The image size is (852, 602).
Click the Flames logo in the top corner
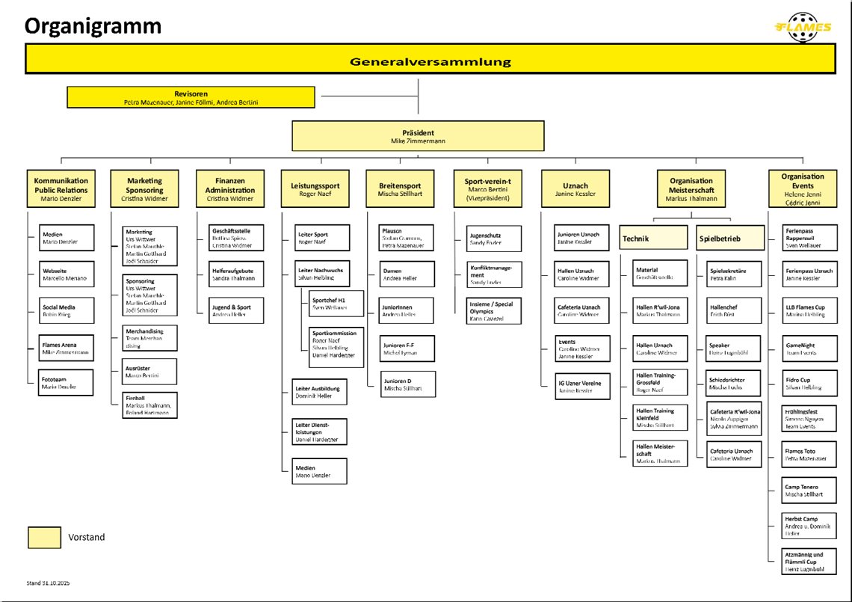pos(803,26)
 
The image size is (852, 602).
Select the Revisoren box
pos(191,97)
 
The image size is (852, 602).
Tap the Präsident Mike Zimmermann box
pos(418,136)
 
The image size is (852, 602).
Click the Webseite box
pos(67,274)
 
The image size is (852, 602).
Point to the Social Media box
pos(67,310)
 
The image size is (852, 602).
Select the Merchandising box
pos(149,338)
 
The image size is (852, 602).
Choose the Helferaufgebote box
pos(235,274)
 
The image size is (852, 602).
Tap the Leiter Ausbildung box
pos(319,392)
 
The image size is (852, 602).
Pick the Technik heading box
pos(652,239)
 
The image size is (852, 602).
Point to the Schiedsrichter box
pos(733,384)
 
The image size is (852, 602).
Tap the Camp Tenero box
pos(809,491)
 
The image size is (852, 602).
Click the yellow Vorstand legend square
pos(45,537)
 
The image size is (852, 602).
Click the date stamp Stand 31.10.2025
pos(48,583)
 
